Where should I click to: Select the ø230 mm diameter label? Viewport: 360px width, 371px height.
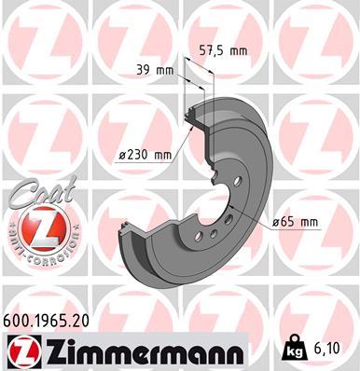(145, 155)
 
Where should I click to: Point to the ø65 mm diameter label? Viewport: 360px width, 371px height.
(296, 222)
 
